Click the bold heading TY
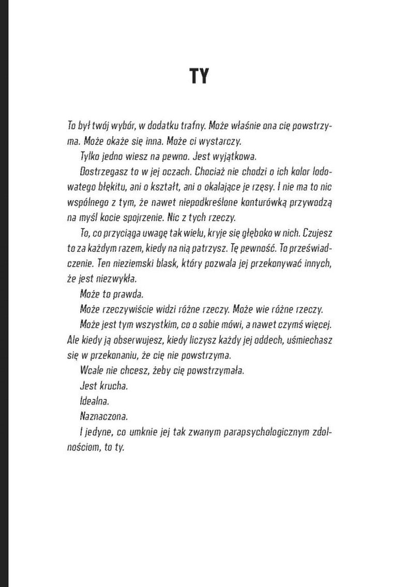(199, 76)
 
